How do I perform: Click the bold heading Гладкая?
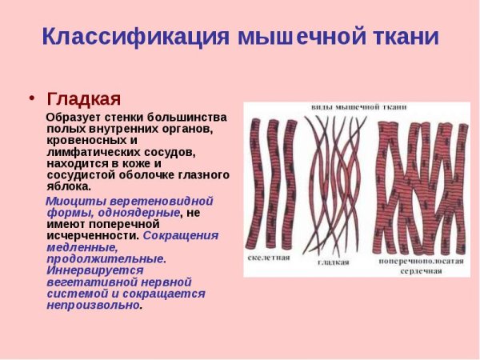(x=84, y=98)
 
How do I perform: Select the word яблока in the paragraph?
(x=69, y=186)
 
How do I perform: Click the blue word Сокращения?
(x=181, y=236)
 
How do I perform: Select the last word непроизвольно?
(x=93, y=305)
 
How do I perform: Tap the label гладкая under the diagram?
(x=334, y=262)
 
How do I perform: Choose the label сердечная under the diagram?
(x=421, y=271)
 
